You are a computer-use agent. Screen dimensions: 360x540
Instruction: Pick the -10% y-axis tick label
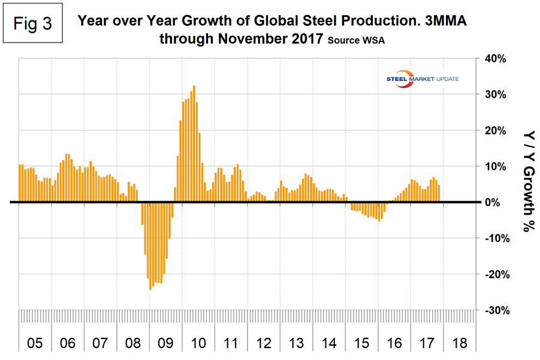tap(494, 238)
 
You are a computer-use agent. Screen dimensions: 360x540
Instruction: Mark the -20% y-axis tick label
tap(494, 274)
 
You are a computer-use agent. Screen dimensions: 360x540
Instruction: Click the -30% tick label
tap(494, 310)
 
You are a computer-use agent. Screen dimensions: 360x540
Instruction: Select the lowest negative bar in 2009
tap(150, 246)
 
